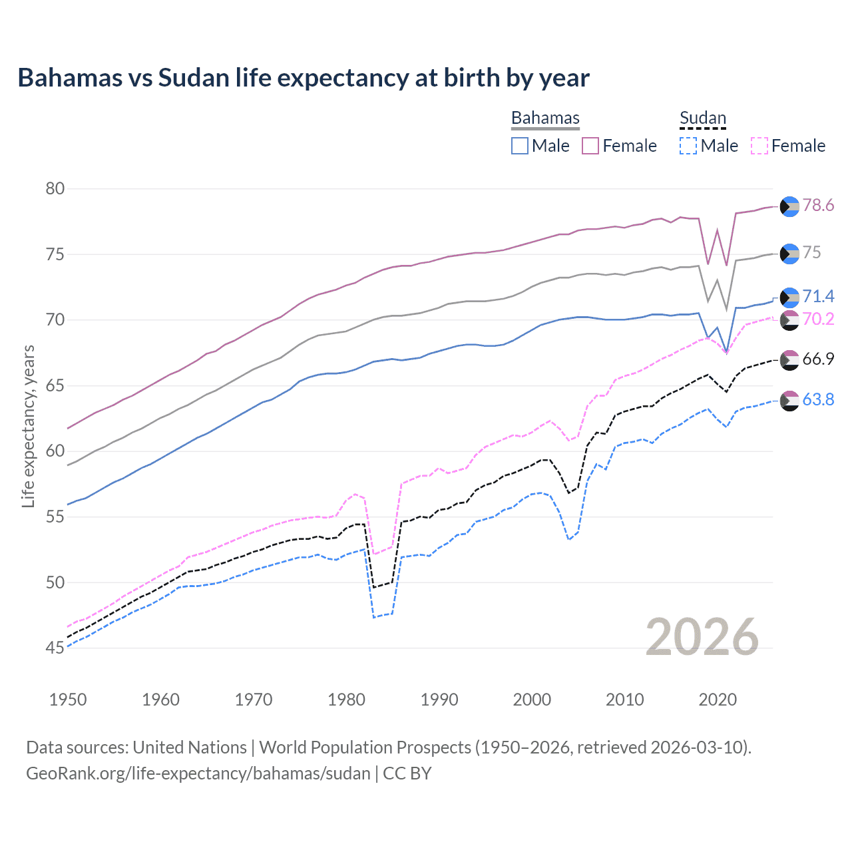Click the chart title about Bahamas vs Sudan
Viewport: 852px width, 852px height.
(304, 78)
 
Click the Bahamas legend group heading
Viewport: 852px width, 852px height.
(545, 118)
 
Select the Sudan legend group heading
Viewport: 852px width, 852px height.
(702, 118)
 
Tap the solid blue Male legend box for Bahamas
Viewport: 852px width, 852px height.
(520, 146)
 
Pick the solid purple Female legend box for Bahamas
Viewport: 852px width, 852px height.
(590, 146)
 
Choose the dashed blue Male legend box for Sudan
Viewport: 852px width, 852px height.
(688, 146)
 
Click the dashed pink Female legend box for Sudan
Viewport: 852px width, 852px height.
(759, 146)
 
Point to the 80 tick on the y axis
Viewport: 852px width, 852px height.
(55, 189)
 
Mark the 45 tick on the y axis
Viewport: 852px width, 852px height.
(55, 648)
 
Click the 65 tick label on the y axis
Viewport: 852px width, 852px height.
(55, 385)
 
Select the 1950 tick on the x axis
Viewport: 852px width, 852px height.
(68, 700)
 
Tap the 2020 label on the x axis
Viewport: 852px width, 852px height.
(718, 700)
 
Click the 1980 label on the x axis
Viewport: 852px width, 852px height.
(346, 700)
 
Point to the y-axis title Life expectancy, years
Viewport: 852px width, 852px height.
(28, 426)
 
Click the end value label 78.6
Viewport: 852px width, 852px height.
(818, 206)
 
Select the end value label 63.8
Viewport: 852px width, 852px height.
(818, 399)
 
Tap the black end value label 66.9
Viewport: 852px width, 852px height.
(818, 359)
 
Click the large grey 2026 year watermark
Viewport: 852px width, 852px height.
(702, 637)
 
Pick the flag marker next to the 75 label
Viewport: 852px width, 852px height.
(789, 254)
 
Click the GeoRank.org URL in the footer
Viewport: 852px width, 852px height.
(198, 773)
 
